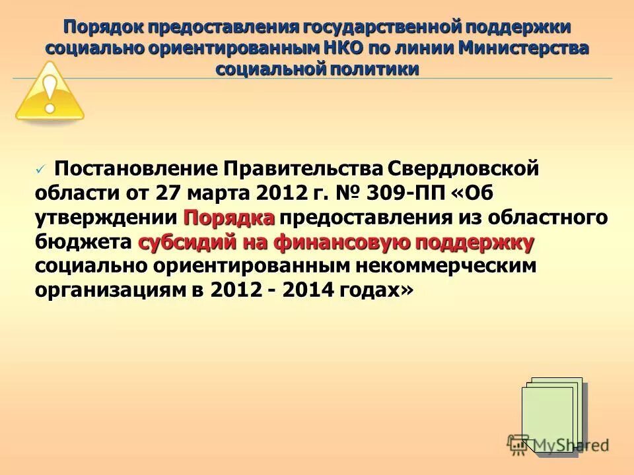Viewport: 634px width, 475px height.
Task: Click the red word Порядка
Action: [229, 218]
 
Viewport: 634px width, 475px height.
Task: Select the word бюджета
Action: [84, 242]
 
